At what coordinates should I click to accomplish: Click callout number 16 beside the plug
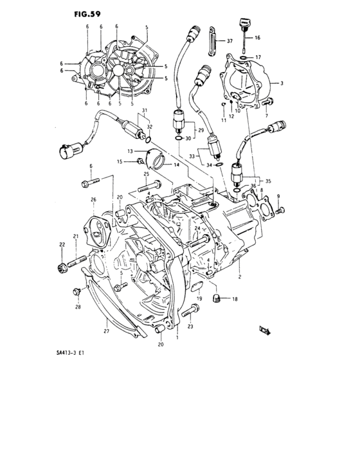pyautogui.click(x=257, y=38)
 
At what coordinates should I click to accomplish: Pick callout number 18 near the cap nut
pyautogui.click(x=235, y=300)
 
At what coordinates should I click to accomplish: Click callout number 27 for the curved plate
pyautogui.click(x=107, y=332)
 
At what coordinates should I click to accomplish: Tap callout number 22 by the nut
pyautogui.click(x=62, y=244)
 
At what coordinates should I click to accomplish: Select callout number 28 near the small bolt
pyautogui.click(x=78, y=307)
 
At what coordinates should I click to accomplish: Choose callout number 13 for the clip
pyautogui.click(x=129, y=150)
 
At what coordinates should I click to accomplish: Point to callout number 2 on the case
pyautogui.click(x=239, y=276)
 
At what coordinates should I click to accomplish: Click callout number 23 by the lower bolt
pyautogui.click(x=191, y=327)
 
